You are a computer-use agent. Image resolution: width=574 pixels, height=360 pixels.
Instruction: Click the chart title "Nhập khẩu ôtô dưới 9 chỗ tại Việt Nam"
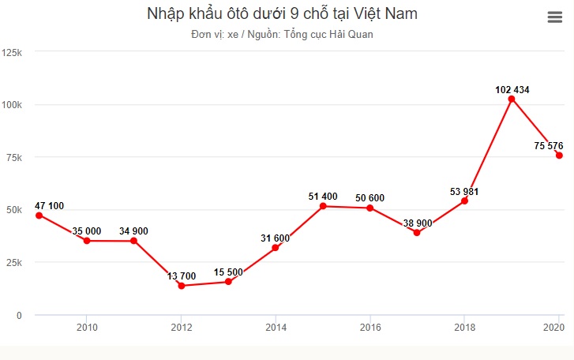[282, 13]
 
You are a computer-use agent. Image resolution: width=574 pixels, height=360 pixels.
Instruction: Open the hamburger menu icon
[554, 18]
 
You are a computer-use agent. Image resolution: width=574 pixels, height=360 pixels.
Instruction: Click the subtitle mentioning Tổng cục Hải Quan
[282, 35]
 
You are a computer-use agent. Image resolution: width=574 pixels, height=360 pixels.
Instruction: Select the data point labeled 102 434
[512, 99]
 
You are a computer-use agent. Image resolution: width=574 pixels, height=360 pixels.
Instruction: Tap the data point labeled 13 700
[182, 286]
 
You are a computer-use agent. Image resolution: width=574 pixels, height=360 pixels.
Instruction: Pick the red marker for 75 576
[559, 156]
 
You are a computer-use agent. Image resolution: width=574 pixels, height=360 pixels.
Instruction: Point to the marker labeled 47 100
[39, 215]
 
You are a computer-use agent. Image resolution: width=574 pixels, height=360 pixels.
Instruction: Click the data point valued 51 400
[323, 206]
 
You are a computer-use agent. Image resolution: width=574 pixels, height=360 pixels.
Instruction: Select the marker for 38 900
[417, 232]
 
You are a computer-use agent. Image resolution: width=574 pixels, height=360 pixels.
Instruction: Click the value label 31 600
[276, 238]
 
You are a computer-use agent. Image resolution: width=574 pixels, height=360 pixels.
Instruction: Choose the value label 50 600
[370, 198]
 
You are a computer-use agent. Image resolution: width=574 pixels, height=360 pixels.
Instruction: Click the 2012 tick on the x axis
[182, 327]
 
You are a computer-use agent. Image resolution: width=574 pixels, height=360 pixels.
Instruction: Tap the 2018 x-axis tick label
[464, 327]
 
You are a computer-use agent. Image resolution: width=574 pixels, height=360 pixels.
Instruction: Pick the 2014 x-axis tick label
[276, 327]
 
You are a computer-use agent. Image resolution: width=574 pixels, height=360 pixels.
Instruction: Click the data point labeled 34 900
[134, 241]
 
